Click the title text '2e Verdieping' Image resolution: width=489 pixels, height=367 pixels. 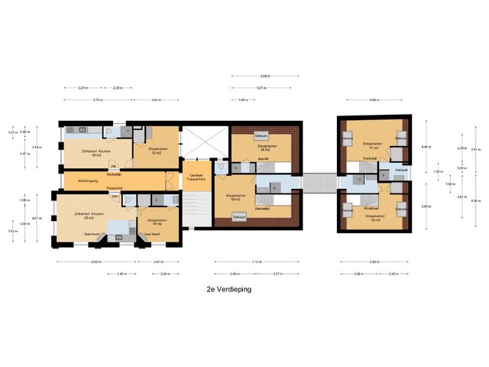pyautogui.click(x=228, y=290)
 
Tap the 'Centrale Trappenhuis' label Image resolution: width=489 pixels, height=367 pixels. pyautogui.click(x=196, y=178)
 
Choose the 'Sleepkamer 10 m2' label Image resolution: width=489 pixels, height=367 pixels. pyautogui.click(x=157, y=222)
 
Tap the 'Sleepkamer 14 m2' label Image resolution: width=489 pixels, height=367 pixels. pyautogui.click(x=266, y=148)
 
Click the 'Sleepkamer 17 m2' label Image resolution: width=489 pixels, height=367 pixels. pyautogui.click(x=372, y=145)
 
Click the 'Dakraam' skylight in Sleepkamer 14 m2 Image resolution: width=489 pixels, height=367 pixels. pyautogui.click(x=261, y=136)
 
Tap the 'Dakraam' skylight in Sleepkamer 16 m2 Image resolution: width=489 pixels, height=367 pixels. pyautogui.click(x=239, y=217)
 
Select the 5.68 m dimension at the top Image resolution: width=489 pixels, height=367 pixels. pyautogui.click(x=264, y=76)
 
